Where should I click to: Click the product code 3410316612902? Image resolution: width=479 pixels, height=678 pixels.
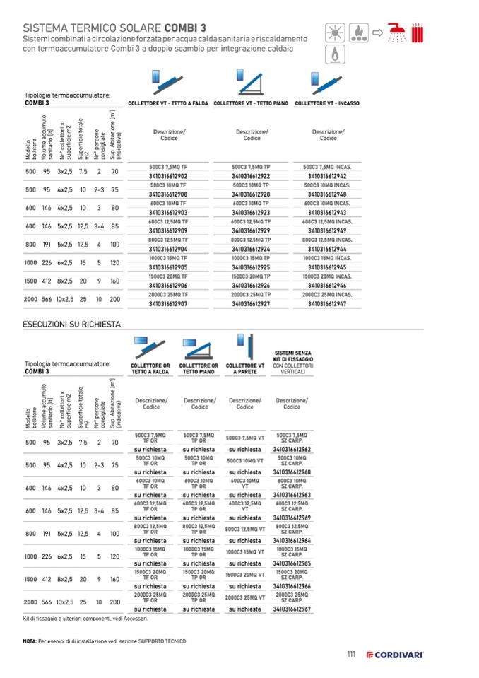tap(167, 175)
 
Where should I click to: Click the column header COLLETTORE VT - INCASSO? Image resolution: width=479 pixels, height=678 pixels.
tap(327, 103)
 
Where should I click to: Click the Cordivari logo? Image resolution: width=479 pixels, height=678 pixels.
tap(394, 655)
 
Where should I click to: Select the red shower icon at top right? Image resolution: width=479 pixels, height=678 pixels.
tap(398, 33)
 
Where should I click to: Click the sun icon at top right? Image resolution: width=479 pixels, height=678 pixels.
tap(332, 33)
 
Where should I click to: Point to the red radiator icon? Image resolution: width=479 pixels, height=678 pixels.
tap(418, 33)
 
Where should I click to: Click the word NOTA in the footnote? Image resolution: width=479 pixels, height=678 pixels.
tap(29, 641)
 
